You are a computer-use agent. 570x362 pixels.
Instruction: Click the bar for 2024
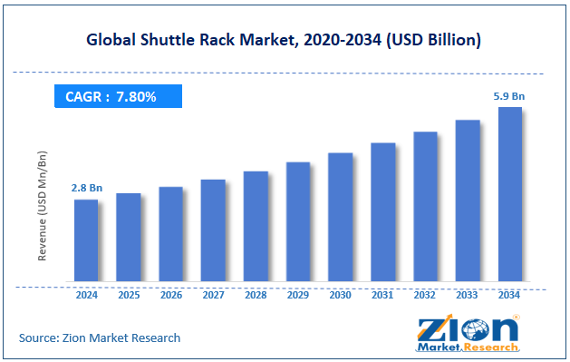86,240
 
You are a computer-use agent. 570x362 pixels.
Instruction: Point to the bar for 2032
425,206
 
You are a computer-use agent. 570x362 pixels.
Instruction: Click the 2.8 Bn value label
86,188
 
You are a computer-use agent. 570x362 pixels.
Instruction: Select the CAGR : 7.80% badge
118,96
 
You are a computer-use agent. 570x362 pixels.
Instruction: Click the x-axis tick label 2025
128,295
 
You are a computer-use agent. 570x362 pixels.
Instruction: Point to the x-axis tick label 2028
256,295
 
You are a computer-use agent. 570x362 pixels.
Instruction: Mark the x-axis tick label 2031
382,295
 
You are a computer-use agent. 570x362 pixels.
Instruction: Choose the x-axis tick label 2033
467,295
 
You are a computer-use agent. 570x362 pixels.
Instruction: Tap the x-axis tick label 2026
170,295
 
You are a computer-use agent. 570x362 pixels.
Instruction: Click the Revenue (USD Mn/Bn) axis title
42,208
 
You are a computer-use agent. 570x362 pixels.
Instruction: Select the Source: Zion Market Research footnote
100,338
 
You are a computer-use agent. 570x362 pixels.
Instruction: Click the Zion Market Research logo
467,334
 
